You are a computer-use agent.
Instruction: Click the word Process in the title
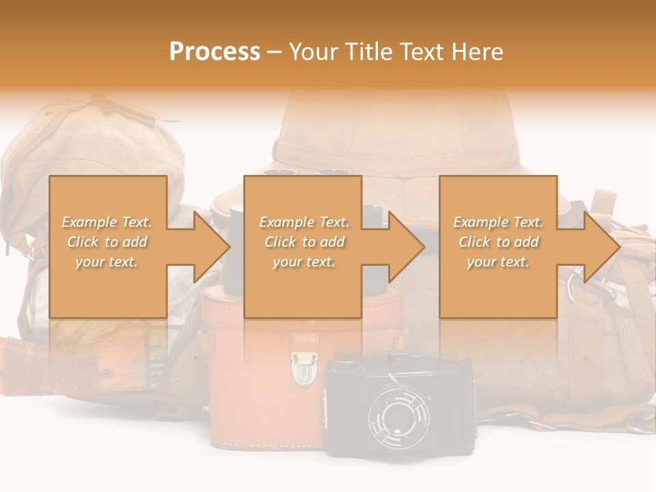215,52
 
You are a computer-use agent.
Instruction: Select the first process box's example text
107,242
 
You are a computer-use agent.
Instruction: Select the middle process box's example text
304,242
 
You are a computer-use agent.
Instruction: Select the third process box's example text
498,242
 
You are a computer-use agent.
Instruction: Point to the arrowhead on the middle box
405,247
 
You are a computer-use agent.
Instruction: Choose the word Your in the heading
312,52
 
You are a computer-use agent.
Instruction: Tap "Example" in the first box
87,222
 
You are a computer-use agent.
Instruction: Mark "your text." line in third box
498,262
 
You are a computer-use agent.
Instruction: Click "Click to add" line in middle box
304,242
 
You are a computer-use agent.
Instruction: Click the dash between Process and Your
274,52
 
